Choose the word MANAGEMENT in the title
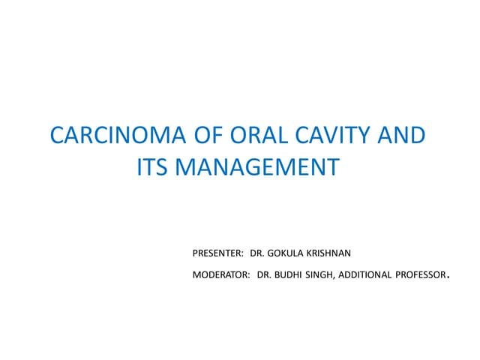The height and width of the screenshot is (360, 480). pyautogui.click(x=259, y=167)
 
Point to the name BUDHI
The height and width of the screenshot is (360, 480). pyautogui.click(x=287, y=276)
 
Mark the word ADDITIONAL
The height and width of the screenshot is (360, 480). pyautogui.click(x=365, y=276)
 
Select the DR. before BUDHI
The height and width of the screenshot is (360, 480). pyautogui.click(x=262, y=276)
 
